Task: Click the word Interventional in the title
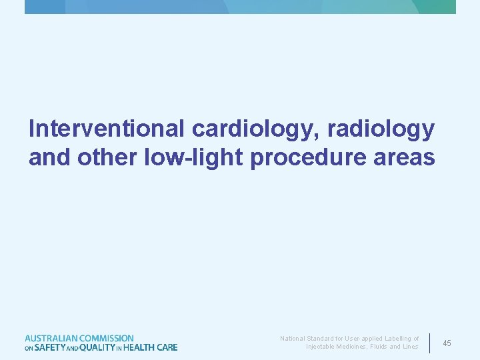coord(107,129)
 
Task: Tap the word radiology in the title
coord(382,129)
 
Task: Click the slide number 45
coord(447,343)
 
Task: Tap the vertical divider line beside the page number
coord(430,343)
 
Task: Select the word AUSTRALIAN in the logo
coord(51,339)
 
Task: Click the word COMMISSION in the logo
coord(106,339)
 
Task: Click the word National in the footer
coord(291,339)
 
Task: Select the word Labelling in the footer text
coord(397,339)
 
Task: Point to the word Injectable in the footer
coord(319,347)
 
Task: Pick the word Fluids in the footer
coord(382,347)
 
